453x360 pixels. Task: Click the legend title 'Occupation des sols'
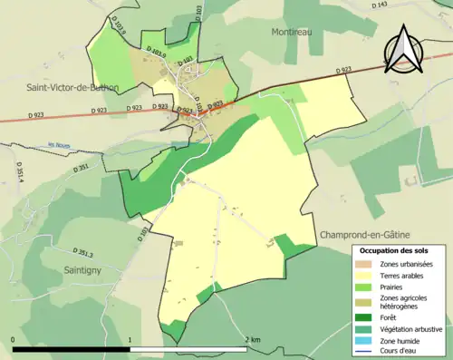pyautogui.click(x=397, y=249)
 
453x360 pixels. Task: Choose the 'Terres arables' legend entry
pyautogui.click(x=402, y=276)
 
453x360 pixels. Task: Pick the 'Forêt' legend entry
pyautogui.click(x=390, y=316)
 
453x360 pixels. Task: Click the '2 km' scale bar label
pyautogui.click(x=255, y=339)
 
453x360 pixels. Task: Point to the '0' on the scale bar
pyautogui.click(x=14, y=339)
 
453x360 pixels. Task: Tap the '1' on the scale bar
pyautogui.click(x=131, y=339)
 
